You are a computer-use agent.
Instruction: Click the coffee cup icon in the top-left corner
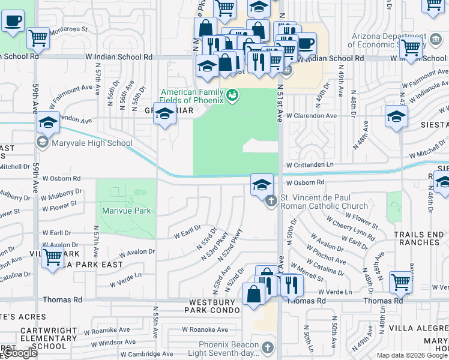pyautogui.click(x=12, y=22)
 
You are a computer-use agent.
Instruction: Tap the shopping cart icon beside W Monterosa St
pyautogui.click(x=38, y=38)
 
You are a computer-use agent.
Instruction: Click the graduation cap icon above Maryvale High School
pyautogui.click(x=48, y=123)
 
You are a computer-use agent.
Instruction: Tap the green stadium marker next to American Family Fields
pyautogui.click(x=232, y=95)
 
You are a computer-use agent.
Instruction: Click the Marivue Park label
pyautogui.click(x=126, y=211)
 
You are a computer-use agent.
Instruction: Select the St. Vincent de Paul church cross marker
pyautogui.click(x=271, y=200)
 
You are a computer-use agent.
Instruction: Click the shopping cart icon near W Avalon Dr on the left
pyautogui.click(x=53, y=257)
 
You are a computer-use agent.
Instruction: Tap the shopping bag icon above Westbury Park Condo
pyautogui.click(x=254, y=295)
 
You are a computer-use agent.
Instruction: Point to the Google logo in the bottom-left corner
pyautogui.click(x=19, y=353)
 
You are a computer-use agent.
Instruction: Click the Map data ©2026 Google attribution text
pyautogui.click(x=412, y=355)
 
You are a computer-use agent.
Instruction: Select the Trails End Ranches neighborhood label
pyautogui.click(x=417, y=238)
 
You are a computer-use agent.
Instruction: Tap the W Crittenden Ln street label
pyautogui.click(x=310, y=164)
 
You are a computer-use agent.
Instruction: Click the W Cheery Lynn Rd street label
pyautogui.click(x=349, y=232)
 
